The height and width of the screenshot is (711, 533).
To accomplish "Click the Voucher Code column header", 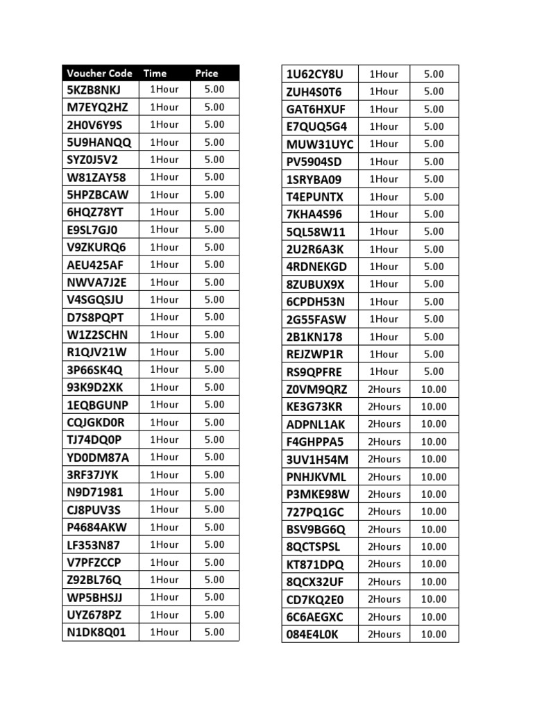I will pyautogui.click(x=100, y=73).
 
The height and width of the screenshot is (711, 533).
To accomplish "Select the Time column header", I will pyautogui.click(x=155, y=73).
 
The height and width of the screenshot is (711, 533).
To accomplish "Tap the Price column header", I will pyautogui.click(x=206, y=73).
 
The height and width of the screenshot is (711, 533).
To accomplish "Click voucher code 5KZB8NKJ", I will pyautogui.click(x=94, y=90).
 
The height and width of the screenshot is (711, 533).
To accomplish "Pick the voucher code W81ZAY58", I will pyautogui.click(x=96, y=177).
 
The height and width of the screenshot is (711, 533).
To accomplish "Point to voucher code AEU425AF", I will pyautogui.click(x=96, y=265).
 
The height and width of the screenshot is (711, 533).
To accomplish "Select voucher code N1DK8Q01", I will pyautogui.click(x=97, y=632).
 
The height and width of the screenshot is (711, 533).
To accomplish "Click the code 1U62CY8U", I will pyautogui.click(x=314, y=74).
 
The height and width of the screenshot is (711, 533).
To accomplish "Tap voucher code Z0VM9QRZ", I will pyautogui.click(x=316, y=389).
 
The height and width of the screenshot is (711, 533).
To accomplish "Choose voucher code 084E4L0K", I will pyautogui.click(x=312, y=634).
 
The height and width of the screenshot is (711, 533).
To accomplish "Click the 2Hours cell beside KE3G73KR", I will pyautogui.click(x=384, y=406).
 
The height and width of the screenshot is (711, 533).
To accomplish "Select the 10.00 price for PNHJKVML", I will pyautogui.click(x=434, y=477).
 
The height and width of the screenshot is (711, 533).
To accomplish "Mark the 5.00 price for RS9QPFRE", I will pyautogui.click(x=434, y=371).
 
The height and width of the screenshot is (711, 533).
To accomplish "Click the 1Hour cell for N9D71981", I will pyautogui.click(x=164, y=492).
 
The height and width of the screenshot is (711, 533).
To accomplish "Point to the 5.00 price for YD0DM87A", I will pyautogui.click(x=214, y=457).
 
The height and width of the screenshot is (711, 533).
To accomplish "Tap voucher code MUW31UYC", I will pyautogui.click(x=320, y=144).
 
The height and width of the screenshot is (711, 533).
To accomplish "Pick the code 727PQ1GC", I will pyautogui.click(x=315, y=512).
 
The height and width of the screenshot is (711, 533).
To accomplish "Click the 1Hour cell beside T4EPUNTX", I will pyautogui.click(x=384, y=196).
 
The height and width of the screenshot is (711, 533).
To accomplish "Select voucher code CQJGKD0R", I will pyautogui.click(x=96, y=422).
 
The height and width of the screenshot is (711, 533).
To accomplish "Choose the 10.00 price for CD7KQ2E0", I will pyautogui.click(x=434, y=599).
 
